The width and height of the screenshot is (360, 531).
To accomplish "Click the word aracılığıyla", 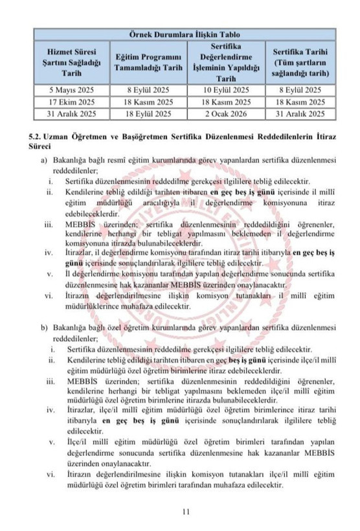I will [142, 203].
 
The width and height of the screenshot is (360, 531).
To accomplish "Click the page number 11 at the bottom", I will [185, 512].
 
